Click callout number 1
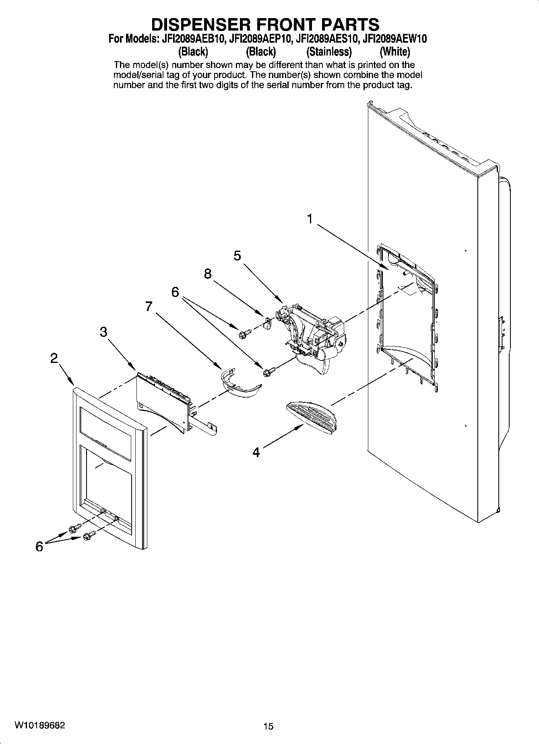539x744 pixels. pos(310,219)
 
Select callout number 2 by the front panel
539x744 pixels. pos(54,358)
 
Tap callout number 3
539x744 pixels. pos(103,332)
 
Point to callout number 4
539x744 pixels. pos(256,452)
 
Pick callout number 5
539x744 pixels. pos(237,256)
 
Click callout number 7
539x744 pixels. pos(149,307)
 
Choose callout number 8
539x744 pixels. pos(207,274)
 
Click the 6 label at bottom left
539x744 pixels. pos(39,546)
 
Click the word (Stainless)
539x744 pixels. pos(329,52)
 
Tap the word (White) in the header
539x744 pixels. pos(394,52)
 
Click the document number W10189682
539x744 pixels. pos(39,725)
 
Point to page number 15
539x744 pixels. pos(268,726)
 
